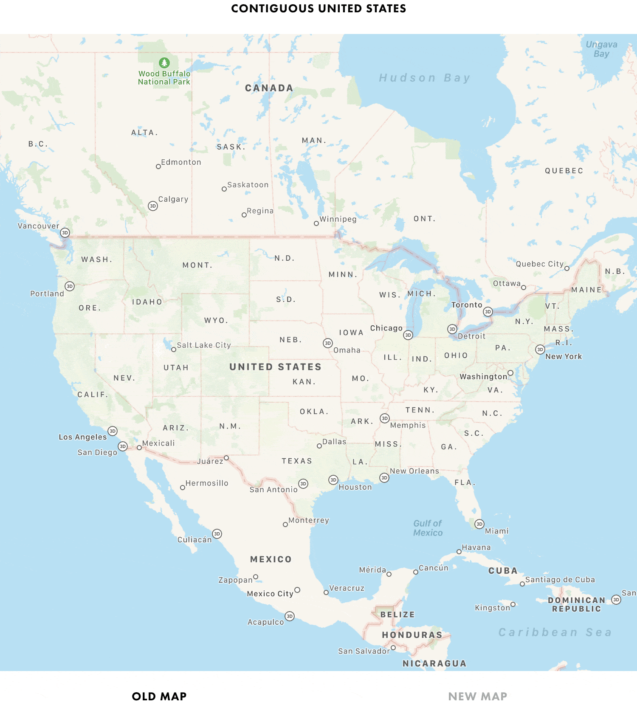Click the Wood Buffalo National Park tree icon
click(164, 63)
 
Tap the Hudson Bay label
click(424, 78)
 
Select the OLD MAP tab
click(159, 697)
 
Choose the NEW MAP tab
click(478, 697)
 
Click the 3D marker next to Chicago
click(408, 335)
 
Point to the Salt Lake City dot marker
click(174, 350)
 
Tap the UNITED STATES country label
click(275, 367)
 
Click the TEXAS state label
click(297, 461)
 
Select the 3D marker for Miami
click(479, 524)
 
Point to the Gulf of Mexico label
click(428, 528)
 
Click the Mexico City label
click(270, 594)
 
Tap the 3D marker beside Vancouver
click(65, 233)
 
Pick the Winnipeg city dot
click(316, 223)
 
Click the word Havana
click(476, 547)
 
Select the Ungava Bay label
click(601, 49)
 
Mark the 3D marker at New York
click(540, 350)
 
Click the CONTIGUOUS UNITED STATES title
click(318, 8)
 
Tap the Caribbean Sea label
click(555, 632)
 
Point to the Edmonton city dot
click(158, 166)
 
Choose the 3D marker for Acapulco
click(290, 616)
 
